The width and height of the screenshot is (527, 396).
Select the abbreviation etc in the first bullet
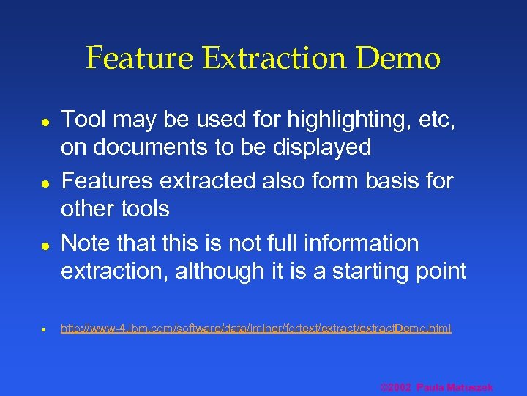click(x=438, y=119)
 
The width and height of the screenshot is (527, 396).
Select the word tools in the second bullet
click(x=143, y=209)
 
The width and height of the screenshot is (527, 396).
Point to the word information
click(x=358, y=243)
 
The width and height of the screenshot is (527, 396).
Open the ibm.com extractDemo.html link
click(x=256, y=329)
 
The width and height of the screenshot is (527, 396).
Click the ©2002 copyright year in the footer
click(x=396, y=387)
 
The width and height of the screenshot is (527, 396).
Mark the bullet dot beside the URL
click(x=44, y=329)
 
